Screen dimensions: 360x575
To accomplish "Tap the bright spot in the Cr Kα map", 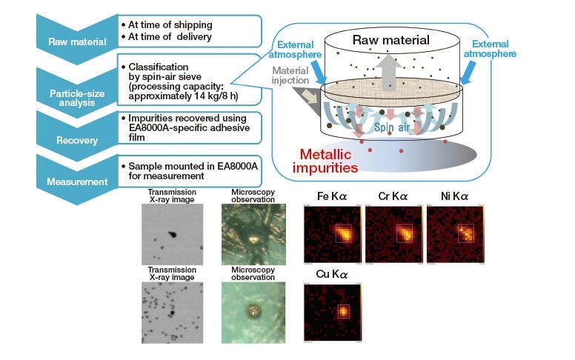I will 405,233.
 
